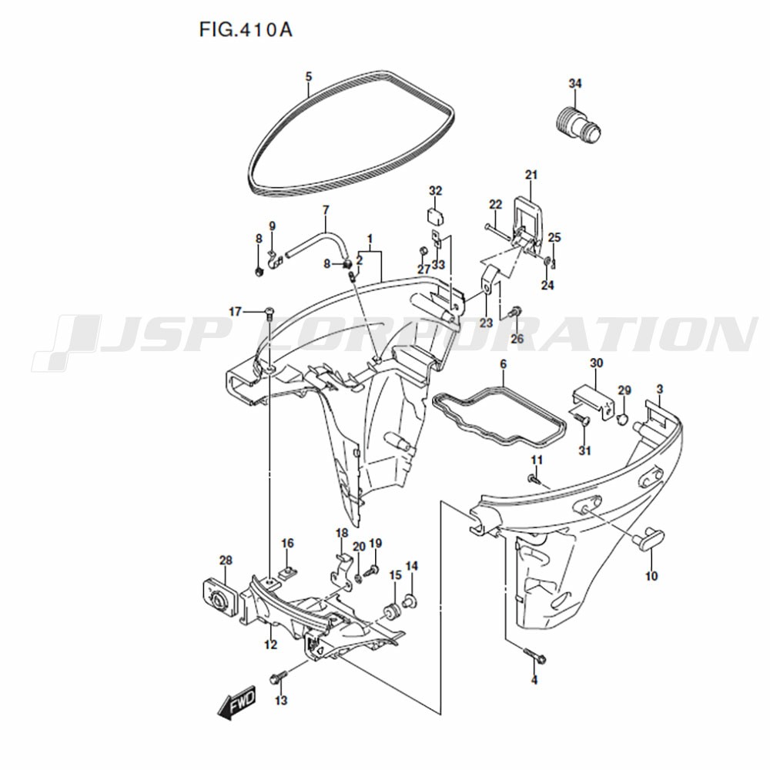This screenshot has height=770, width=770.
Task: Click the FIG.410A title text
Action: click(246, 30)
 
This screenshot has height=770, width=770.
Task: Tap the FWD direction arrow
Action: click(236, 702)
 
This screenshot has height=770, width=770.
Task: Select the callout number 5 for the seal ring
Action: click(308, 76)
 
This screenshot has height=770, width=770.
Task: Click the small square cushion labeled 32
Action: click(435, 216)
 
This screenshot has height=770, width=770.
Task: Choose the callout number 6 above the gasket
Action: click(504, 365)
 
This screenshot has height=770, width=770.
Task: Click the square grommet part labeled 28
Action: click(220, 597)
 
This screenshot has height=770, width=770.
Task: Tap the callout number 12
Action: click(270, 644)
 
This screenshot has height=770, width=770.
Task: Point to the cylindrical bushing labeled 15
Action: click(392, 611)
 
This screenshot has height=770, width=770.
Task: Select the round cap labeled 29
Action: click(623, 418)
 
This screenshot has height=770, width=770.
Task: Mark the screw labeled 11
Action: click(534, 479)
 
